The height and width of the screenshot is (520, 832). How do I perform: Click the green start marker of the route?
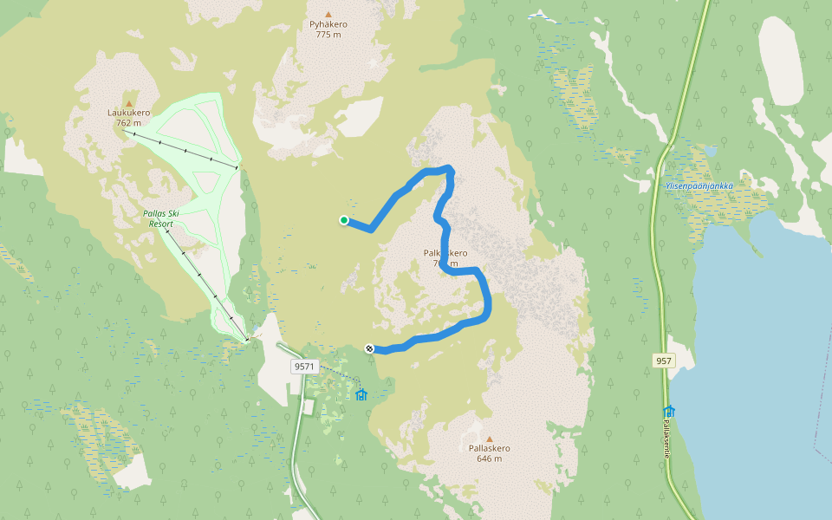pos(344,220)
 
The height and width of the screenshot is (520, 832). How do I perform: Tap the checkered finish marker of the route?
pos(370,348)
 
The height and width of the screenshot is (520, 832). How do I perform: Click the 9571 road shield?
pos(304,367)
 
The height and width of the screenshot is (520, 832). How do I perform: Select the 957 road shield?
pos(665,360)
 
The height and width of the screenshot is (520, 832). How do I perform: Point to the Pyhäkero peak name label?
pos(328,24)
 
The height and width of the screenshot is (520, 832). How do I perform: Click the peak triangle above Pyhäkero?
pos(328,14)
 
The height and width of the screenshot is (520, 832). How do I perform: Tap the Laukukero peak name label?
pos(129,113)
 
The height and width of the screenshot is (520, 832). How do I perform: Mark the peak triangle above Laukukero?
pos(129,103)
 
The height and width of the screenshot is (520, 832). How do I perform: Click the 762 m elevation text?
pos(129,123)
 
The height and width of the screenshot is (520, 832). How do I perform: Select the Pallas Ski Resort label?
pos(161,218)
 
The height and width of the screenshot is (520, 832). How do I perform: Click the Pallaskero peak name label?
pos(489,448)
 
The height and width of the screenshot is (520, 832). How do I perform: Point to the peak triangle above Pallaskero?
pos(489,439)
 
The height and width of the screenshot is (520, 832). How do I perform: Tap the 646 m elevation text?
pos(489,458)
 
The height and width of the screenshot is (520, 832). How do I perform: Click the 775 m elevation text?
pos(328,35)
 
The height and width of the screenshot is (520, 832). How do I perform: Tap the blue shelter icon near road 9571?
pos(361,395)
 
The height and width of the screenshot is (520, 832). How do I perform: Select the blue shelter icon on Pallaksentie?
pos(669,412)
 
